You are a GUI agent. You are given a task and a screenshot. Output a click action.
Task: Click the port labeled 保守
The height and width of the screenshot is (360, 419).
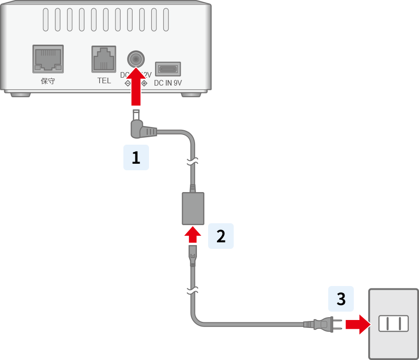(x=48, y=59)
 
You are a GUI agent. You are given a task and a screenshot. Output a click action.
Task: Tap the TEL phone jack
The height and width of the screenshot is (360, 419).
(x=103, y=59)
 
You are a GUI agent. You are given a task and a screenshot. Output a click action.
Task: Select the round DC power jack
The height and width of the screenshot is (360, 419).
(x=136, y=60)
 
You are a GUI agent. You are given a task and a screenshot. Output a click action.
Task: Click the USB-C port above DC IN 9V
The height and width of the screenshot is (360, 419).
(x=168, y=69)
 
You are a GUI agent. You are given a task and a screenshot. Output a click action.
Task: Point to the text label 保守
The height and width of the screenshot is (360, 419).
(x=48, y=81)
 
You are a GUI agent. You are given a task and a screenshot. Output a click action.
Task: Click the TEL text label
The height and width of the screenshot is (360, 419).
(x=104, y=80)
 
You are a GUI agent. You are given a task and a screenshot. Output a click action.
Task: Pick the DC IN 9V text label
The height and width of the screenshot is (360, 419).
(x=168, y=83)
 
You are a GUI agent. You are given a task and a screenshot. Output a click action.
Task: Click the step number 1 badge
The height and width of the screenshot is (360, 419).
(x=136, y=158)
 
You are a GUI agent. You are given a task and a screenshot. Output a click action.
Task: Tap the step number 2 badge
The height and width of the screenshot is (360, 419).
(x=221, y=236)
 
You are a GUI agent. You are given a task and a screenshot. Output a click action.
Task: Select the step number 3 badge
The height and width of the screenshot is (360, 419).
(x=341, y=299)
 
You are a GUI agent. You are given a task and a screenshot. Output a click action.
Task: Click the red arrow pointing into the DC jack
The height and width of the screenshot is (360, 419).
(x=136, y=86)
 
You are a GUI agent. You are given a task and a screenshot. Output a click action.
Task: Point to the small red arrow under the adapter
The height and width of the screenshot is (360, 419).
(x=193, y=235)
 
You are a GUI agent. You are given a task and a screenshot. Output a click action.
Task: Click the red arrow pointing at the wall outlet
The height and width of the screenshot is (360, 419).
(x=357, y=324)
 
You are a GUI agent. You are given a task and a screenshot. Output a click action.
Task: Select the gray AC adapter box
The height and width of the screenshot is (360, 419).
(x=193, y=208)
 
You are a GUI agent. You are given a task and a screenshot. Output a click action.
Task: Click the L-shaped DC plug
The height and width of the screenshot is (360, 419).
(x=142, y=130)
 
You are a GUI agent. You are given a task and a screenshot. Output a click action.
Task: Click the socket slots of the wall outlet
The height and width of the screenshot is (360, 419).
(x=393, y=323)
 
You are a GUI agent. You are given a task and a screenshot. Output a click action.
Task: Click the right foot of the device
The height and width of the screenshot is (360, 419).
(x=192, y=94)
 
